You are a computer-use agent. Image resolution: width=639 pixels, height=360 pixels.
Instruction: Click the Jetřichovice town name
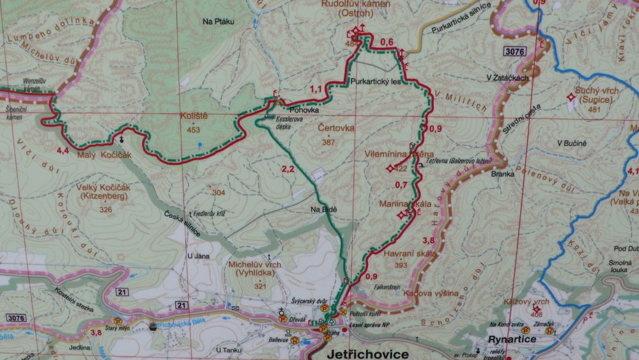tap(367, 353)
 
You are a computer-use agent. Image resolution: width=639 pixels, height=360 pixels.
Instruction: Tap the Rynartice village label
tap(512, 339)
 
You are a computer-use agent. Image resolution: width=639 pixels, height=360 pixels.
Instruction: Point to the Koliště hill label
tap(193, 117)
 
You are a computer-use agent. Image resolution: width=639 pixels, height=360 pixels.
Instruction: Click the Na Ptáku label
tap(219, 21)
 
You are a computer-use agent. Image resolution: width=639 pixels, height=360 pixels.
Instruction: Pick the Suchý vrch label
tap(597, 91)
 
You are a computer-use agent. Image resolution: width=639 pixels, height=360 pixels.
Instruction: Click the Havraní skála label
tap(410, 254)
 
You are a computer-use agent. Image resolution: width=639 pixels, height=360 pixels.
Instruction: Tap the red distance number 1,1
tap(316, 89)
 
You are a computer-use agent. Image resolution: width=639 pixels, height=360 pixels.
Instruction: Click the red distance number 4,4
tap(63, 150)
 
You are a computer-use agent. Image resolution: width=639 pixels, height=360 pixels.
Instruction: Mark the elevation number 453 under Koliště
tap(194, 130)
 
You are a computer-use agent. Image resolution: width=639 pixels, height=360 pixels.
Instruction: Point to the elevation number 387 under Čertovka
tap(328, 141)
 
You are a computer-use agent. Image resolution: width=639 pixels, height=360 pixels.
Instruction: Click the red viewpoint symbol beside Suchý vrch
tap(571, 97)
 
